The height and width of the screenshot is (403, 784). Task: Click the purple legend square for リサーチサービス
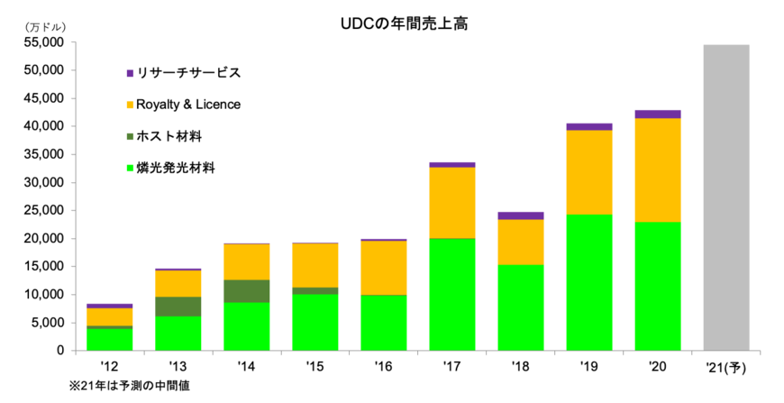point(130,73)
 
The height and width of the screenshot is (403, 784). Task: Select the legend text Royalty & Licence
point(188,105)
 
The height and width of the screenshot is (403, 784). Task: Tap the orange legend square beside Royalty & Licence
point(130,105)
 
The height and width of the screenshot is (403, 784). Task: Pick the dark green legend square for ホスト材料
point(130,136)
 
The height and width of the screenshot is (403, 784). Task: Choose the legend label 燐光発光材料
point(176,168)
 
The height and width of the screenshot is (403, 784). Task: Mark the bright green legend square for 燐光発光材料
point(130,168)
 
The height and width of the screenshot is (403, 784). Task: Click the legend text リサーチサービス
point(188,73)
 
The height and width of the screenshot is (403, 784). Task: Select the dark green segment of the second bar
point(178,307)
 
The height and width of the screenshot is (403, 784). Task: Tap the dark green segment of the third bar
point(246,291)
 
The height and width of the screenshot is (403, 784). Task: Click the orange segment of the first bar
point(109,316)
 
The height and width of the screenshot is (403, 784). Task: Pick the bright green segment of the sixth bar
point(451,294)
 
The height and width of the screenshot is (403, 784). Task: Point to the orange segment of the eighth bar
point(588,172)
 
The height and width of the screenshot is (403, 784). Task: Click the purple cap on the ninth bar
point(657,114)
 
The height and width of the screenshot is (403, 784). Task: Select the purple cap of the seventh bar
point(520,215)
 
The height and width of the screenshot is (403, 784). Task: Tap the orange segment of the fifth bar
point(383,268)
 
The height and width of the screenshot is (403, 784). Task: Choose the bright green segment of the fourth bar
point(315,322)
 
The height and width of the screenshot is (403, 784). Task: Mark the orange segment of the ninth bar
point(657,169)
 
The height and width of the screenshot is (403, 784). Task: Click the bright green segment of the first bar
point(109,339)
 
